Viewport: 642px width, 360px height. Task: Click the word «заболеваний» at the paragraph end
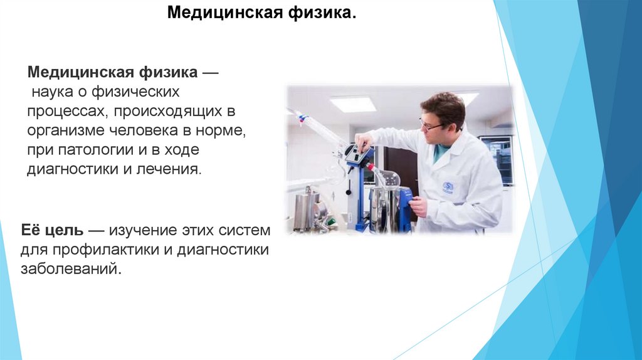pos(70,270)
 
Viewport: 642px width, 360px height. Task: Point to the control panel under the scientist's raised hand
pos(355,153)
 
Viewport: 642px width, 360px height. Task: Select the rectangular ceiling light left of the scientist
pos(353,103)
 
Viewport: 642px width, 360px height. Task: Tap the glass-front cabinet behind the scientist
pos(495,156)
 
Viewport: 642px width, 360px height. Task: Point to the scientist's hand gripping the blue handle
pos(417,206)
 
